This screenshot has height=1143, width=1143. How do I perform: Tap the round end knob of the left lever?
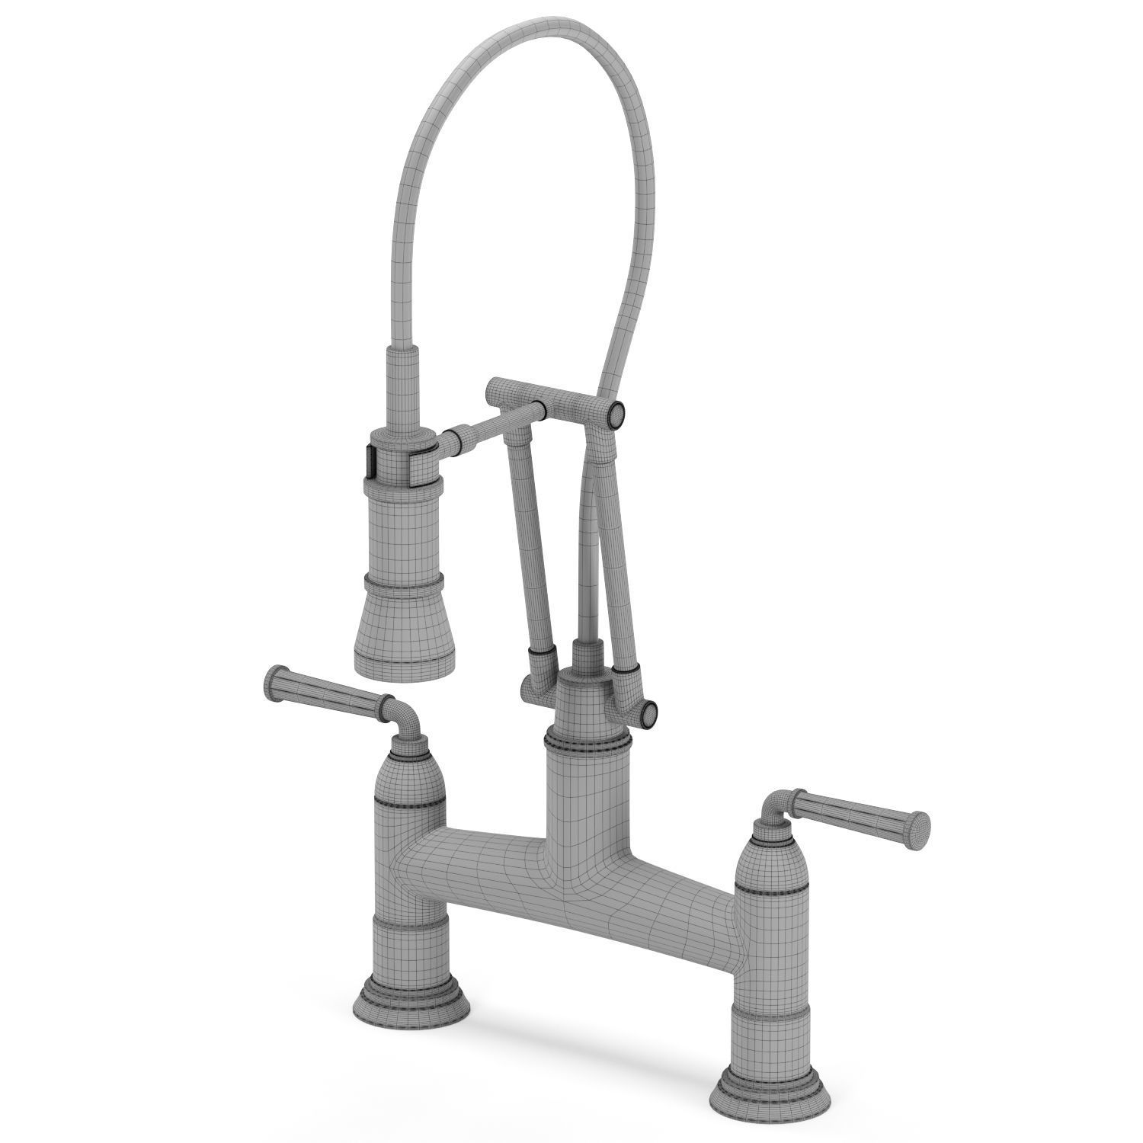point(275,677)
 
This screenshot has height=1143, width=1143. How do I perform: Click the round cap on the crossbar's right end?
point(616,415)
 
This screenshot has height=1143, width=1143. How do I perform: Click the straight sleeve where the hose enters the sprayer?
point(403,389)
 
